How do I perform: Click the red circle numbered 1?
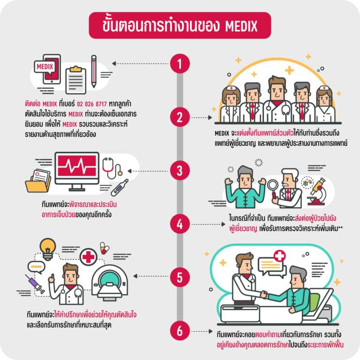click(180, 64)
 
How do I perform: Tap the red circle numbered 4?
click(180, 224)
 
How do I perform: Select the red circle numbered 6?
click(180, 331)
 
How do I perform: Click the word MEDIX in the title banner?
click(241, 26)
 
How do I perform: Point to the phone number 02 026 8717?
click(92, 104)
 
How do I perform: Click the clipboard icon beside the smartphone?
click(76, 80)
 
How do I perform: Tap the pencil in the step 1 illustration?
click(94, 71)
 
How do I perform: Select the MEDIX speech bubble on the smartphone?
click(45, 67)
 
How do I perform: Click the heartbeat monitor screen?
click(77, 166)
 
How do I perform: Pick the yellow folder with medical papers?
click(38, 181)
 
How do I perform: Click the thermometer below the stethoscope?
click(120, 187)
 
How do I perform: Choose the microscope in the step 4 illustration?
click(317, 192)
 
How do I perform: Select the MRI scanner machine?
click(110, 283)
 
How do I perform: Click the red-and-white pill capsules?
click(105, 248)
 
